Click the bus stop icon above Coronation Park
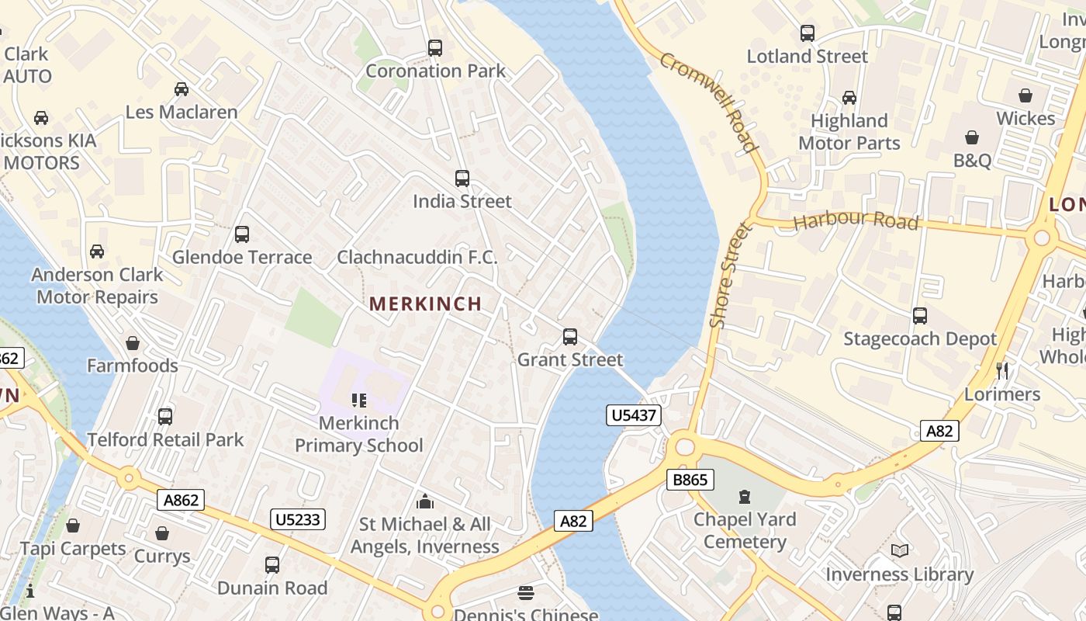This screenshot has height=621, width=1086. (435, 48)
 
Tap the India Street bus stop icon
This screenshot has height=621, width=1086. (462, 179)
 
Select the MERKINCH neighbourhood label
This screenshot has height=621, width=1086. (425, 304)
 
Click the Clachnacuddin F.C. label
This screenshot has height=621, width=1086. (417, 257)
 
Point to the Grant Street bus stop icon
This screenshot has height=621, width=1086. (570, 337)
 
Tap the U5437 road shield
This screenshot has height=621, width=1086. (634, 415)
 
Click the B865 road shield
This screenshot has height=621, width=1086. (690, 480)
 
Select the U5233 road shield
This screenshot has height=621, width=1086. (298, 519)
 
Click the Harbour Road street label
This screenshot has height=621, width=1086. (856, 220)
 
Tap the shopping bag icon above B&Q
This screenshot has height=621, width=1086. (972, 137)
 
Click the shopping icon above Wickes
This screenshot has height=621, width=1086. (1025, 95)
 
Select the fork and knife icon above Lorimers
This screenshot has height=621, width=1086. (1002, 371)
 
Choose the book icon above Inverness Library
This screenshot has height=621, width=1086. (899, 551)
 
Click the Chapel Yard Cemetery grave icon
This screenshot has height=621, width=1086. (745, 496)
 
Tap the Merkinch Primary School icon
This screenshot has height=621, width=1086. (359, 401)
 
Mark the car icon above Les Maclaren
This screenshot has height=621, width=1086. (182, 89)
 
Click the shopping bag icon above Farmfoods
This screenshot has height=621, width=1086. (133, 343)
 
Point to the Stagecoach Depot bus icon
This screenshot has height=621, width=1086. (920, 316)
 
